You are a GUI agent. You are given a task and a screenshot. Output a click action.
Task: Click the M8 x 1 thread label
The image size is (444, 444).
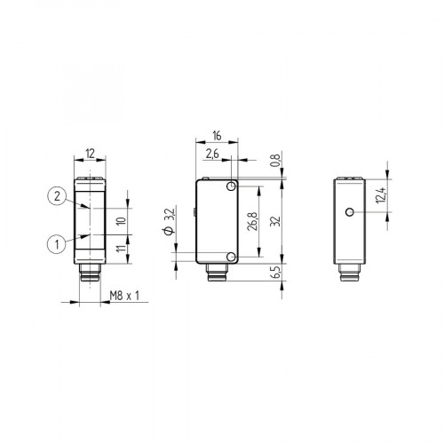(x=125, y=296)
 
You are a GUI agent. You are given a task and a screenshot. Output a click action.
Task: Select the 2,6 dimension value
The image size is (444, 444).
(x=211, y=155)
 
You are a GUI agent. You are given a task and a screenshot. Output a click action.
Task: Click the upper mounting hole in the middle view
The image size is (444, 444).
(x=231, y=187)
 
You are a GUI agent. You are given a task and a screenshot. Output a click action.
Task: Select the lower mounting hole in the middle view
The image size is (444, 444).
(x=231, y=257)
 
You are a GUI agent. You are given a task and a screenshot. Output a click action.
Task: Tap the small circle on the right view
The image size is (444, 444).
(x=352, y=212)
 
